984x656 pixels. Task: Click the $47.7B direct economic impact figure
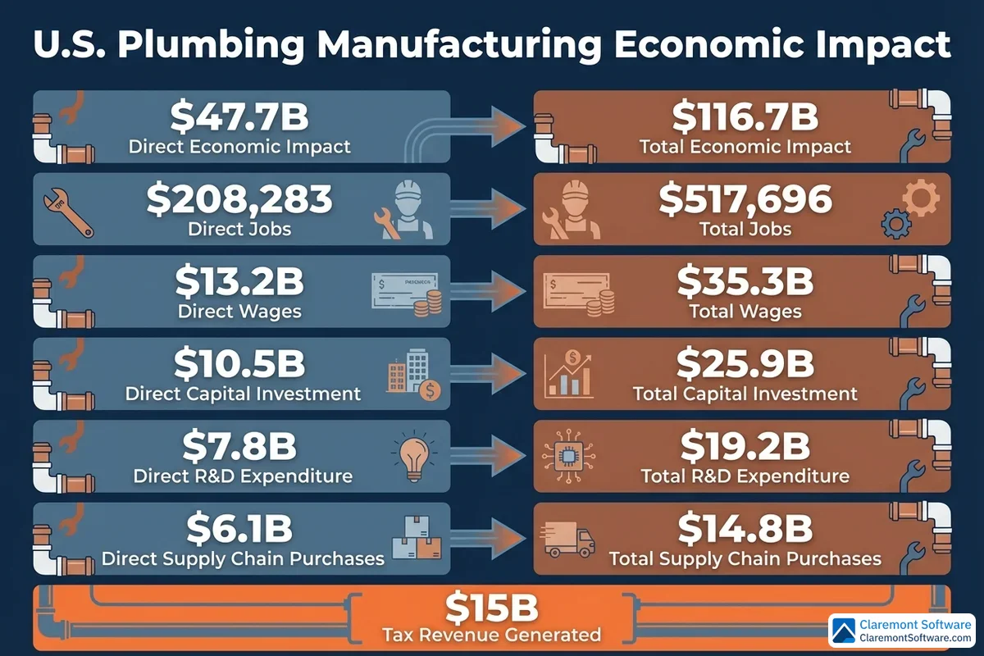point(239,116)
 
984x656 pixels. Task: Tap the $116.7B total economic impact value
point(745,116)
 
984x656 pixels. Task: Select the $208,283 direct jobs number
point(239,199)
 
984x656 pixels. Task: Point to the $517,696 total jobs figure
point(745,199)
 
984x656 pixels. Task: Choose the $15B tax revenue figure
point(491,608)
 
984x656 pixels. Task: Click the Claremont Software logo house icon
point(845,630)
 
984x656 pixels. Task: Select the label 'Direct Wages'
point(239,312)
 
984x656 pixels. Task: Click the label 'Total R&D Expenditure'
point(745,476)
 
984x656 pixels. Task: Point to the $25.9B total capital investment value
point(745,364)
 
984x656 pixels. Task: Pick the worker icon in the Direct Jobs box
point(407,208)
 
